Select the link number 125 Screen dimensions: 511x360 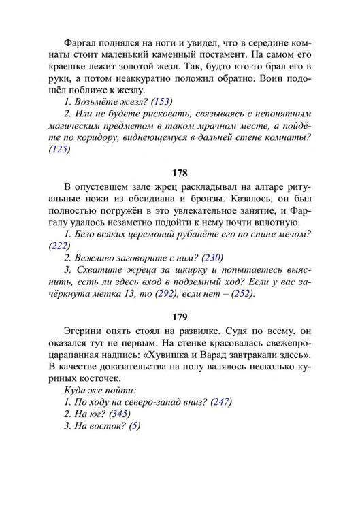tap(60, 150)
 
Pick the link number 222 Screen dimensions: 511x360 tap(60, 246)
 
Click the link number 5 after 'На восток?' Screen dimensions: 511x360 tap(135, 426)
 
